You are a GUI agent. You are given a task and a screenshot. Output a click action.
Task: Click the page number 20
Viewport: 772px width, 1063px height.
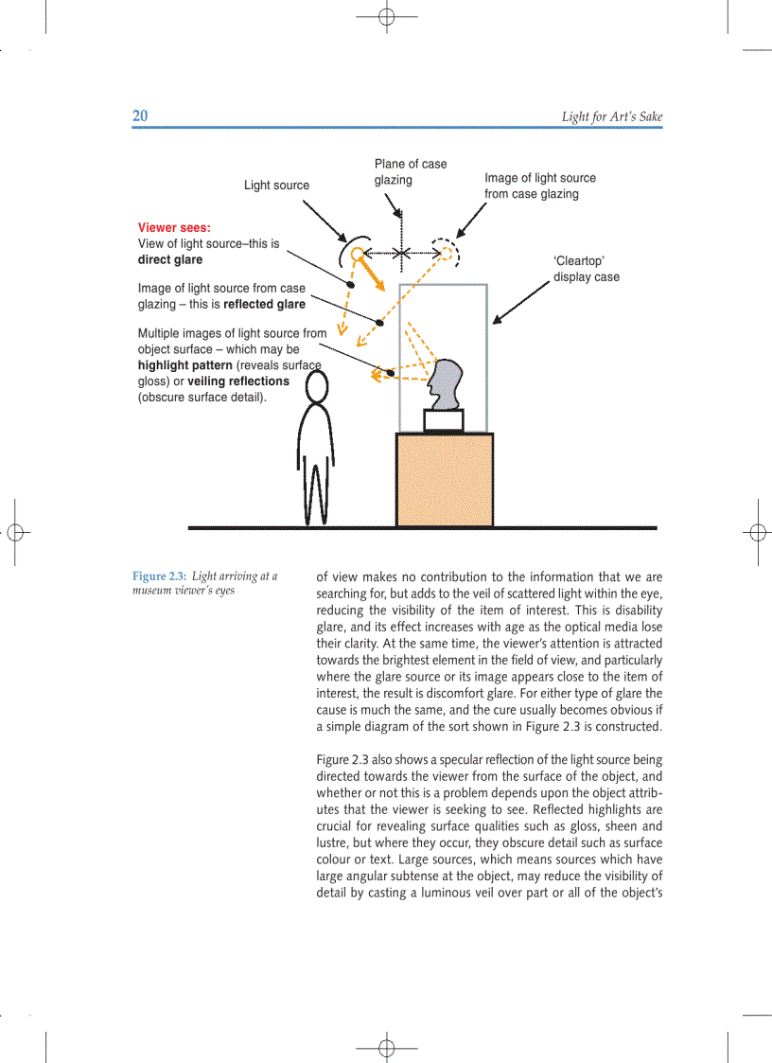tap(140, 116)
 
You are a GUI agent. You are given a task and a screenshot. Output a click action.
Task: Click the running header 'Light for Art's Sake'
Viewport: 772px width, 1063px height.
tap(611, 117)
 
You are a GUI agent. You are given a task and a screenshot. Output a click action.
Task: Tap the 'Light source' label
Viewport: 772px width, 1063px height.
tap(276, 186)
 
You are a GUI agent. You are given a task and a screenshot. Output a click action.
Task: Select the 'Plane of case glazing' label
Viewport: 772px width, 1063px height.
tap(410, 171)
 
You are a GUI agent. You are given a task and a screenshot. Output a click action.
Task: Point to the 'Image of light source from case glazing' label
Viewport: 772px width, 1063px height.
tap(539, 186)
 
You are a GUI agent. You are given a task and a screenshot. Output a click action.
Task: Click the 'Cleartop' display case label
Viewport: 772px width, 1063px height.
tap(586, 269)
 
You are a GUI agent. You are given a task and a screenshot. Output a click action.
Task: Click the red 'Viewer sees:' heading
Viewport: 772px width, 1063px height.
tap(174, 228)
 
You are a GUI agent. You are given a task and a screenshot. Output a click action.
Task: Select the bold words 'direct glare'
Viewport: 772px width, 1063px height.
tap(170, 259)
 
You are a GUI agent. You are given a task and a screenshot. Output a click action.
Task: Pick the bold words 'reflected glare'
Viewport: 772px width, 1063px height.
tap(264, 305)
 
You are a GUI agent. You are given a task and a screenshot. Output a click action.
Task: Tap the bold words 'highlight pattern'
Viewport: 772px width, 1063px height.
tap(184, 365)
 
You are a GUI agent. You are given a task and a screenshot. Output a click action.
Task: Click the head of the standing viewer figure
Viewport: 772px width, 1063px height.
tap(317, 386)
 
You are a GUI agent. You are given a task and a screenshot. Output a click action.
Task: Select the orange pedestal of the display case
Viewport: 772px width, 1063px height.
tap(444, 480)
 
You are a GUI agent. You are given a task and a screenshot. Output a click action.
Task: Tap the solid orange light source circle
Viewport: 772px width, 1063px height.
tap(356, 254)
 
